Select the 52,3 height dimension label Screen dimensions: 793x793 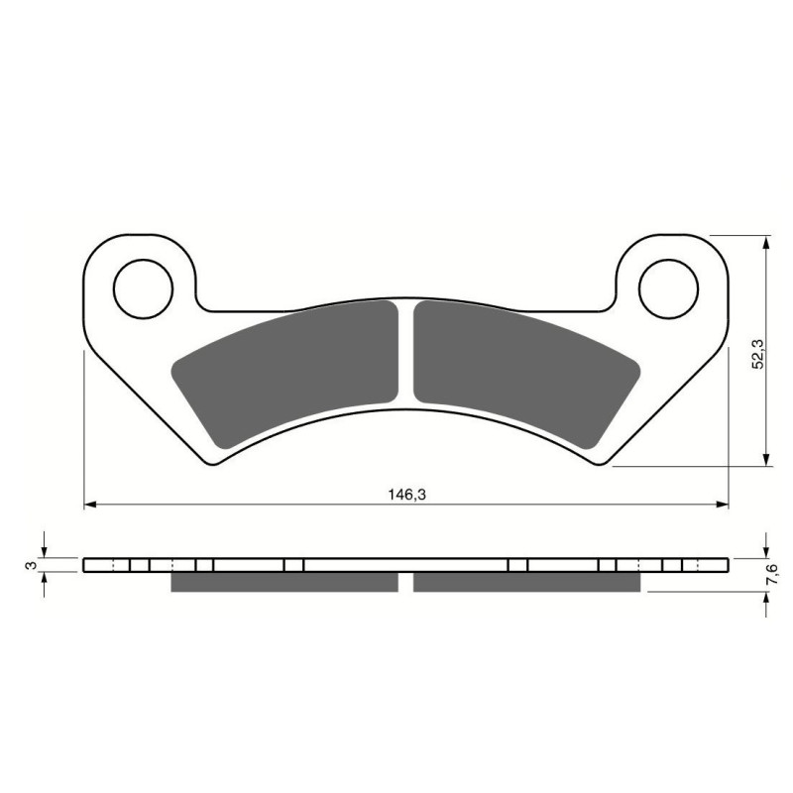pos(756,354)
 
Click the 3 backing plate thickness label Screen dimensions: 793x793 pos(32,565)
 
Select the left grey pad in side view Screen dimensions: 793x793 pos(284,582)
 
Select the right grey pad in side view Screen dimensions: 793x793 pos(525,582)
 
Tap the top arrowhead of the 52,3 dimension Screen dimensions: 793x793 pos(765,243)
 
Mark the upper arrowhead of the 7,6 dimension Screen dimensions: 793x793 pos(765,550)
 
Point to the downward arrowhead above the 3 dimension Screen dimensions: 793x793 pos(44,550)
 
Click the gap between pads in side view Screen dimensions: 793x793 pos(405,582)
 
